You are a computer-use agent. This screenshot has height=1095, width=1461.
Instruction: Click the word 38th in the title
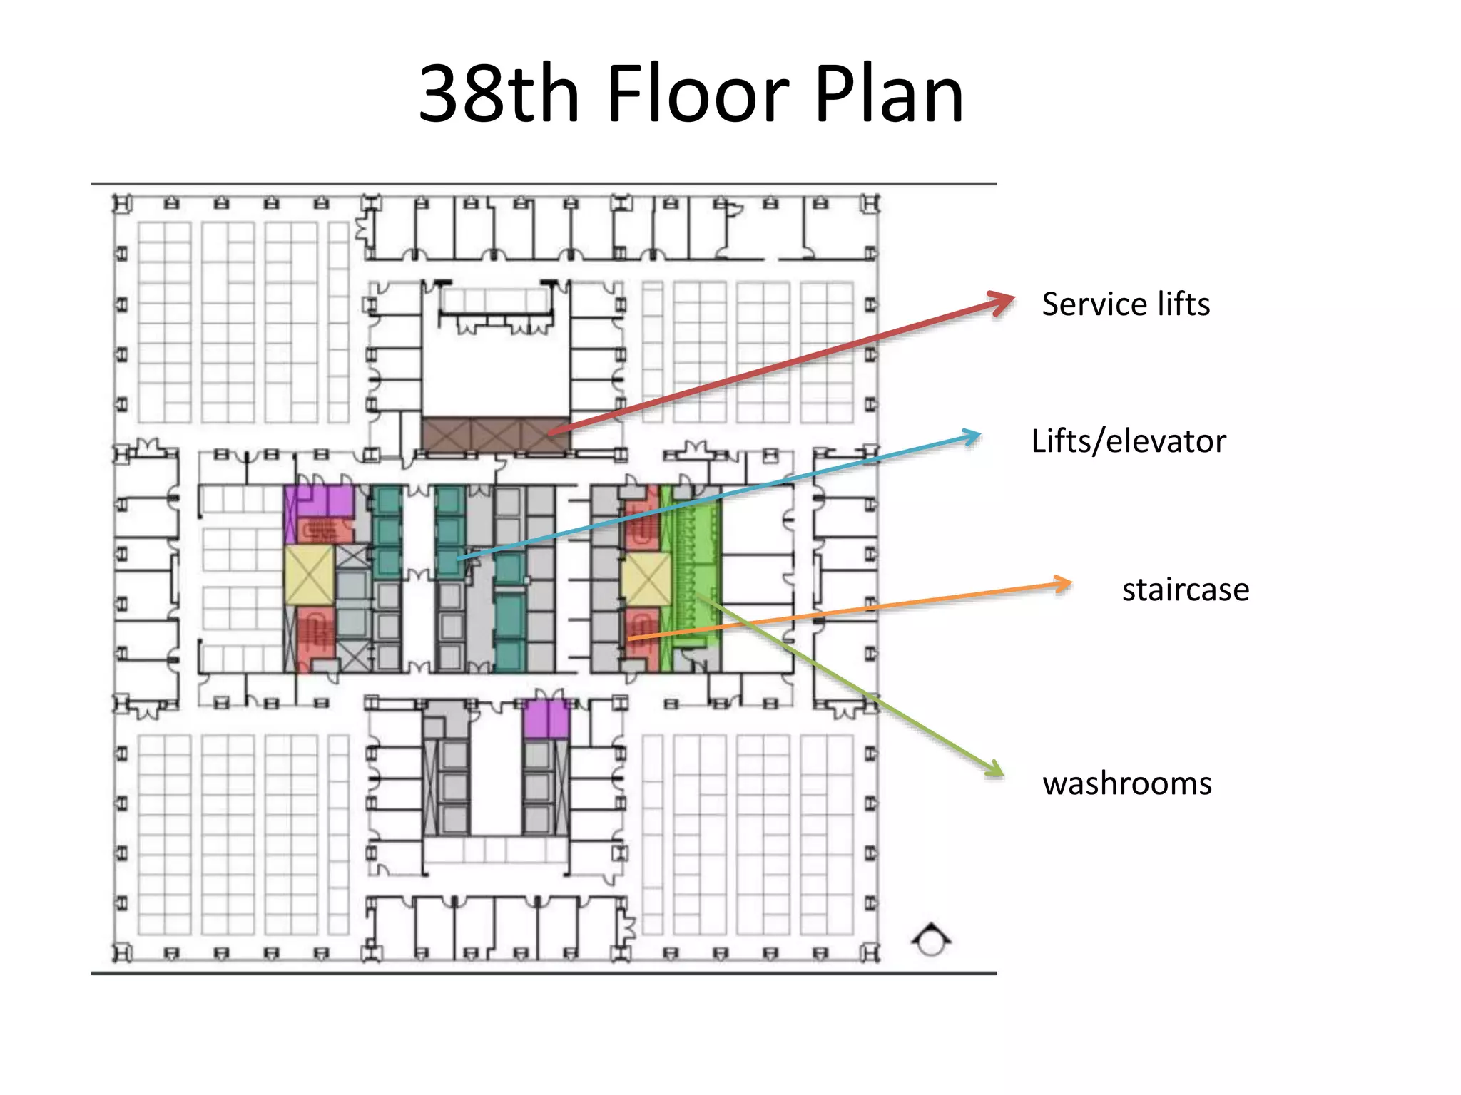pos(499,93)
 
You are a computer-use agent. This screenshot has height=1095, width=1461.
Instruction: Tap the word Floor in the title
pos(698,93)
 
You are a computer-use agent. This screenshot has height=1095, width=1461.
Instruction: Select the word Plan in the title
pos(889,93)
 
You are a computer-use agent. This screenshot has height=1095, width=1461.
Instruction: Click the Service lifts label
pos(1126,304)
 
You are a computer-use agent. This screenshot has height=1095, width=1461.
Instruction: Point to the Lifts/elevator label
pos(1129,441)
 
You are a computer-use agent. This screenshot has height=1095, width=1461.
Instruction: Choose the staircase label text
pos(1186,590)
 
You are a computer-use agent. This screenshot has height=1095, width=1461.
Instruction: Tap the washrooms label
pos(1127,783)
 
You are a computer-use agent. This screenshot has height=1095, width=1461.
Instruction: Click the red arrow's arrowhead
pos(1000,302)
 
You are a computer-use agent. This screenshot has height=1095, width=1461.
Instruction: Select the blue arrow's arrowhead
pos(971,436)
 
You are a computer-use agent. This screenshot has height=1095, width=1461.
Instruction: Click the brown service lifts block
pos(496,434)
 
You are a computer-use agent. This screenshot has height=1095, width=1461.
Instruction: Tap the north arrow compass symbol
pos(931,940)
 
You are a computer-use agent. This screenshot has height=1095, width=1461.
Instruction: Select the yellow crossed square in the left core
pos(310,575)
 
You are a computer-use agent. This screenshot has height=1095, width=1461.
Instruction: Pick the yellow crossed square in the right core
pos(646,580)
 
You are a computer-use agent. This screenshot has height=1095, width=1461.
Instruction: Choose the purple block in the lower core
pos(546,719)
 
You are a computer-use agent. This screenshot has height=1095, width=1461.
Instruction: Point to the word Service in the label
pos(1095,304)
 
